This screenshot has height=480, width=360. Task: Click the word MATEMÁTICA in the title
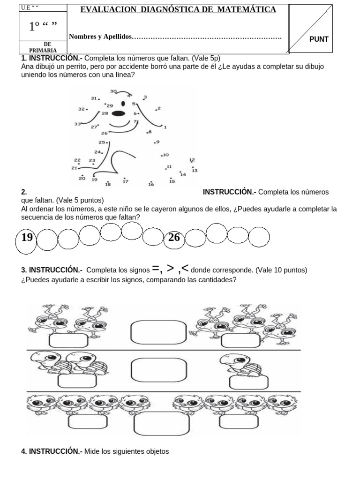247,10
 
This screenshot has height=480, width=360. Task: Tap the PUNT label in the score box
319,40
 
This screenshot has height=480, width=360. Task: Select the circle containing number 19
27,238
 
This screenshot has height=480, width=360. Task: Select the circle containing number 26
174,238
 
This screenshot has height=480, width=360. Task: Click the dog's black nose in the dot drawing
119,113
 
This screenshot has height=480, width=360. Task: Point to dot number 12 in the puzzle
192,163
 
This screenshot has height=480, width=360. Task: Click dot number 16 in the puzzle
151,182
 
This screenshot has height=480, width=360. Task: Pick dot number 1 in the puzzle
163,126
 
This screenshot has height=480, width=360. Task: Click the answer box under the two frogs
68,342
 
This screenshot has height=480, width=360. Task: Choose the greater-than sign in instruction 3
171,269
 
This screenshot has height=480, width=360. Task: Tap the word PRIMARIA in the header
43,50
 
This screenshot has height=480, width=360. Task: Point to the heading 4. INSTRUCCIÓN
52,451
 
